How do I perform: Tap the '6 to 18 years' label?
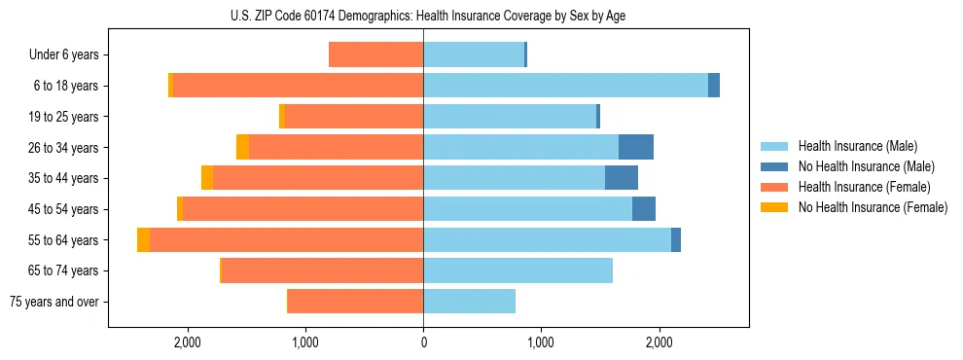(66, 86)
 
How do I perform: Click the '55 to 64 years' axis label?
(64, 240)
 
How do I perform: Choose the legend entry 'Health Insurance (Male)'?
(858, 146)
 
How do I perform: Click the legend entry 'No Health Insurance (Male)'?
(866, 166)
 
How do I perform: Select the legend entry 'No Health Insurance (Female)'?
(873, 207)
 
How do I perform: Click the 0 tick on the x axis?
(423, 342)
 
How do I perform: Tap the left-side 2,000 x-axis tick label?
(187, 342)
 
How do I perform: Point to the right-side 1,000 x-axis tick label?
(540, 342)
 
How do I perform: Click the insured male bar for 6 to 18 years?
(564, 86)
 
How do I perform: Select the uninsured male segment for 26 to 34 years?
(636, 147)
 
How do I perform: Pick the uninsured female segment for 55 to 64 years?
(143, 240)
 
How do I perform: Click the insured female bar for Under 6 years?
(375, 54)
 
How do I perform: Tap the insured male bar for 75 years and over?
(469, 302)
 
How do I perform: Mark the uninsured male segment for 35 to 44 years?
(622, 178)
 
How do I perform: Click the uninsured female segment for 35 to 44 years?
(207, 178)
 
